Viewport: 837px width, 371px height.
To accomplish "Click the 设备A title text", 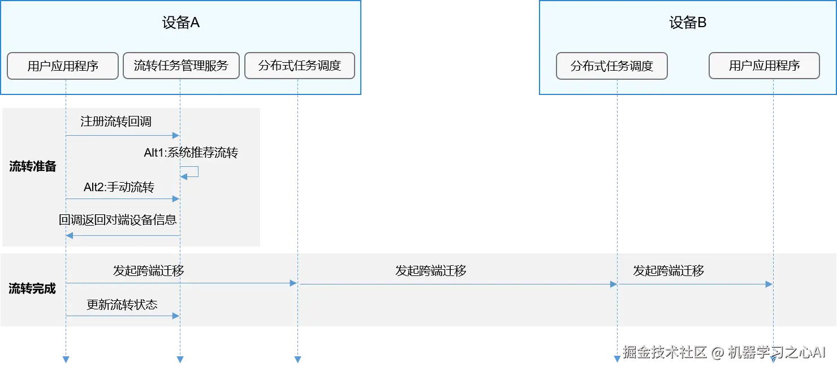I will [x=180, y=23].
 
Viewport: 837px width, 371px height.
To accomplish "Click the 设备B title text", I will [x=688, y=23].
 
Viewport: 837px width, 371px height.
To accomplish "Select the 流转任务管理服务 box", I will [x=181, y=66].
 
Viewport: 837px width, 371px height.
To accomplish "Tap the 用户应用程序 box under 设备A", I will [x=63, y=66].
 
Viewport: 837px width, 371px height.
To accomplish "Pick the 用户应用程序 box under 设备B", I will [x=764, y=66].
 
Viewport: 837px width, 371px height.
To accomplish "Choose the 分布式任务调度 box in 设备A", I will [x=300, y=66].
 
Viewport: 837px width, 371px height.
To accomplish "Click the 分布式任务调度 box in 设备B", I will [x=612, y=66].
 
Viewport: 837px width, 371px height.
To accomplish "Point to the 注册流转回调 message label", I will [x=116, y=122].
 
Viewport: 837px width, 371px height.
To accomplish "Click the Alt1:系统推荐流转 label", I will [x=191, y=153].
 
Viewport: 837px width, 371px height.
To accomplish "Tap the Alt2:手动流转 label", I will [x=119, y=187].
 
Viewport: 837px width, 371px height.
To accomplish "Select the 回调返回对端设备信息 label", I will [x=118, y=220].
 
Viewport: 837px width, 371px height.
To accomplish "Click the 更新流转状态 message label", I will [x=122, y=304].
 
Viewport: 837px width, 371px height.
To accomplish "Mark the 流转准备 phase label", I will [x=33, y=167].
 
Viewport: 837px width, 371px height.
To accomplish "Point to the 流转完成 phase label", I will [x=33, y=288].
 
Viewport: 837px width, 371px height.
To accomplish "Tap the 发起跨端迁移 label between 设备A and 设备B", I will [x=431, y=271].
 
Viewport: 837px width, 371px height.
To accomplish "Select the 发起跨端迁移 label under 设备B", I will [x=668, y=271].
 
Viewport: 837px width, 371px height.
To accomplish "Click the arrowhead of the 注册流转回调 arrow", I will [x=176, y=136].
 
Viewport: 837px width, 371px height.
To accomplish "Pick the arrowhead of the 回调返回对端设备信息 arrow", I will [x=70, y=235].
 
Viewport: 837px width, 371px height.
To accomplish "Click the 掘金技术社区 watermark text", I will [x=665, y=352].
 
